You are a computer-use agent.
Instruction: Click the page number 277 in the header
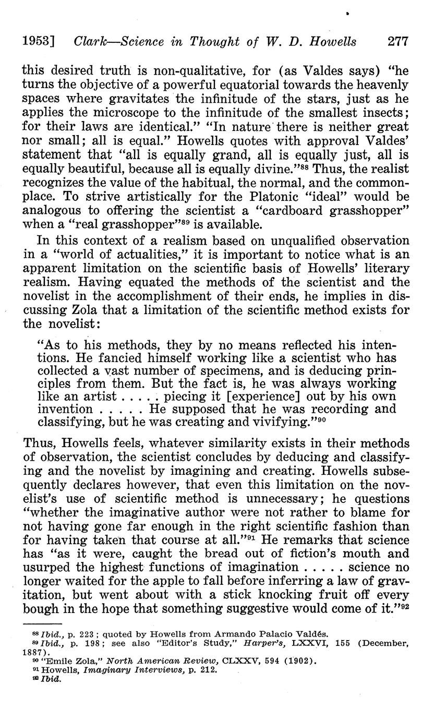click(x=398, y=42)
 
